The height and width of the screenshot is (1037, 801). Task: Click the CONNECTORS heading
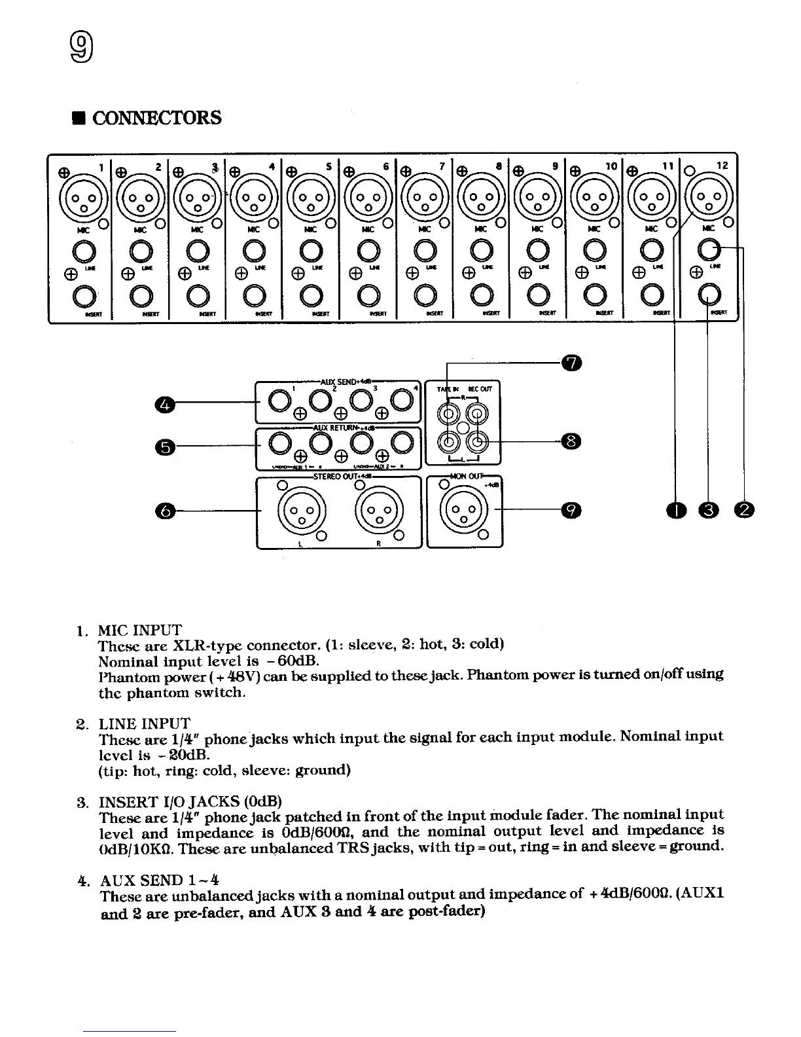tap(157, 118)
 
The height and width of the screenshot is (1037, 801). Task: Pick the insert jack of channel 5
tap(311, 297)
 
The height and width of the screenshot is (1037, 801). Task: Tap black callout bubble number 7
tap(571, 362)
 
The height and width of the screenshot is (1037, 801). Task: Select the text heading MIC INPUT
tap(139, 630)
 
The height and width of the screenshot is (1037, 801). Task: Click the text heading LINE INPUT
tap(144, 723)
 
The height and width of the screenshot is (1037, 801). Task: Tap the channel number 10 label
tap(611, 166)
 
